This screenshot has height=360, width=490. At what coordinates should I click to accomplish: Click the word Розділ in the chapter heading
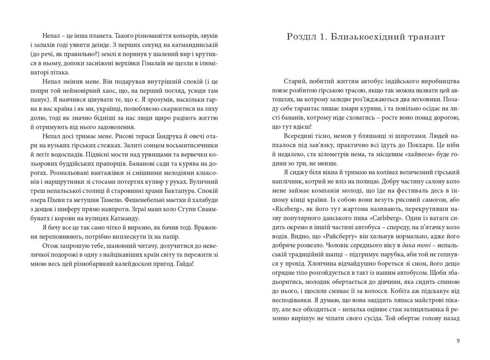click(x=301, y=36)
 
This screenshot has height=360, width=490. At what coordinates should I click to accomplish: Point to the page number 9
click(x=458, y=340)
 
